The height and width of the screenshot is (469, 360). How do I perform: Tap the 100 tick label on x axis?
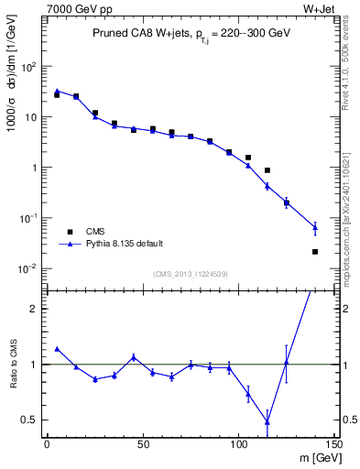238,443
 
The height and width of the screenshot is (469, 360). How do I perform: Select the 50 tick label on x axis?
142,443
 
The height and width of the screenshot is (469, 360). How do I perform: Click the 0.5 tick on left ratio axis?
29,420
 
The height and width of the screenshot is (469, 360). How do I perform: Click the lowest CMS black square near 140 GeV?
315,251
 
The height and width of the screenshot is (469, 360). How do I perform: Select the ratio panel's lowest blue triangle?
267,421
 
